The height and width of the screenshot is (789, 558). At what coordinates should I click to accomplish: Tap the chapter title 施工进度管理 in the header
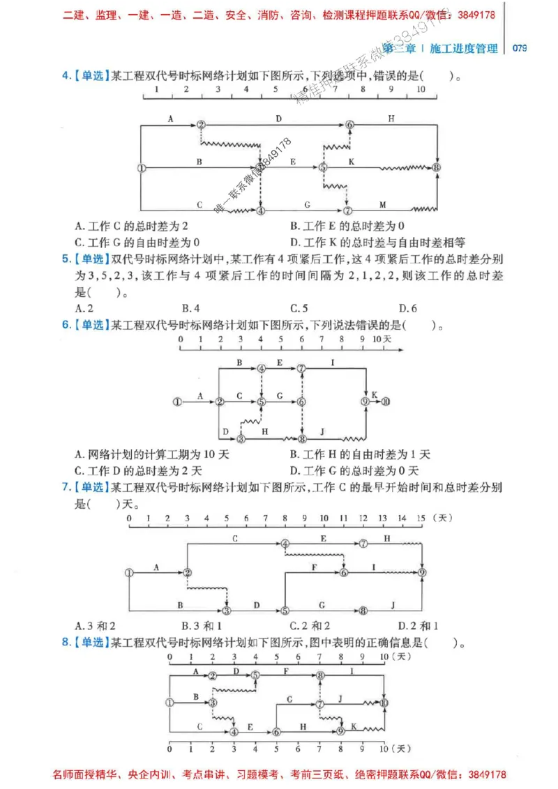pos(465,48)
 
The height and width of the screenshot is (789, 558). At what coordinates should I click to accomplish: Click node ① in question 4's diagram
pos(142,168)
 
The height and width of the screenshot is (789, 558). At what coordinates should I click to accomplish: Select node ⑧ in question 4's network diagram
pos(437,168)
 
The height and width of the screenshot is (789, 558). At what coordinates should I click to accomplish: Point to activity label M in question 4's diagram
pos(382,204)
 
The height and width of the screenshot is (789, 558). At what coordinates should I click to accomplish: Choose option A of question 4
pos(132,226)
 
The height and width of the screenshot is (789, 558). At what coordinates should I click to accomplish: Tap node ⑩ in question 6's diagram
pos(386,401)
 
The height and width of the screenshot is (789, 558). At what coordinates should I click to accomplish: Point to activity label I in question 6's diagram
pos(333,362)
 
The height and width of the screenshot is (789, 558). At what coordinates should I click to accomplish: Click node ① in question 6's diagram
pos(177,401)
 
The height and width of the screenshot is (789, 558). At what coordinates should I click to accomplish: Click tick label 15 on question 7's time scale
pos(421,519)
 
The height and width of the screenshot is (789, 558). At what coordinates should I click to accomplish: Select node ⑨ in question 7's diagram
pos(422,572)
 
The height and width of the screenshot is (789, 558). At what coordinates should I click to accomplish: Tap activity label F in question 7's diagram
pos(315,567)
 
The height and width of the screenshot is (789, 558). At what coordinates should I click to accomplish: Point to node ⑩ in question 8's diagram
pos(384,703)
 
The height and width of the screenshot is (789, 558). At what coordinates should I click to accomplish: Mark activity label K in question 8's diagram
pos(354,726)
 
